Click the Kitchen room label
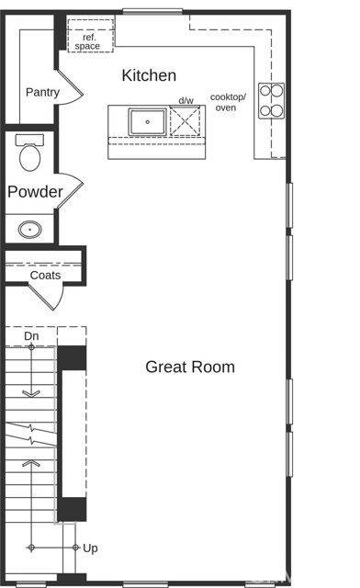pos(149,75)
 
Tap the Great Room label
pos(190,367)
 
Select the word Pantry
pos(43,92)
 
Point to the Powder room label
pos(35,192)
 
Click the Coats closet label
pos(45,276)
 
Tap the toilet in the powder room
pos(29,153)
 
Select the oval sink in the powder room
pos(30,230)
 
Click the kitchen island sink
pos(147,121)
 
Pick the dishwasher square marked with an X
pos(185,120)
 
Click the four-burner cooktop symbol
pos(271,101)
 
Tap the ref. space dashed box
pos(90,36)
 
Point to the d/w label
pos(186,100)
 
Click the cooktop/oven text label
pos(228,102)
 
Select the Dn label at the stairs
pos(31,336)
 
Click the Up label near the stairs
pos(90,548)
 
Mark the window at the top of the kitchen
pos(152,12)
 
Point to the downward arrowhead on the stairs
pos(31,393)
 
